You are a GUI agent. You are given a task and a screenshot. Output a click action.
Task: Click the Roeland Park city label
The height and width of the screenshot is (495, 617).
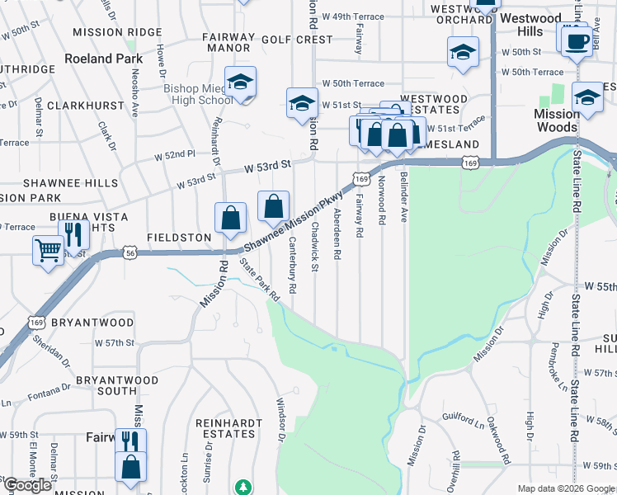(x=105, y=59)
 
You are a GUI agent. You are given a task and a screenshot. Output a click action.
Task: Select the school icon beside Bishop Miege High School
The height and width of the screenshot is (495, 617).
(x=240, y=82)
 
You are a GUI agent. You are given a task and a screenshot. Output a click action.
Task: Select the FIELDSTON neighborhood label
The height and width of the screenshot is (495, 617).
(x=179, y=237)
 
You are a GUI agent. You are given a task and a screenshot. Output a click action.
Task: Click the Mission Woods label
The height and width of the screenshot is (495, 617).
(x=556, y=120)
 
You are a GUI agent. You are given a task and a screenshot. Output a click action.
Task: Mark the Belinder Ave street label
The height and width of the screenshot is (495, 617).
(x=404, y=197)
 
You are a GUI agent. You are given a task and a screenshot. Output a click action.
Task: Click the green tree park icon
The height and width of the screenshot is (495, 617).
(x=243, y=487)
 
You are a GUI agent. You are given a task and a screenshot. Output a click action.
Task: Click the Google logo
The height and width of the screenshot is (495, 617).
(x=27, y=485)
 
